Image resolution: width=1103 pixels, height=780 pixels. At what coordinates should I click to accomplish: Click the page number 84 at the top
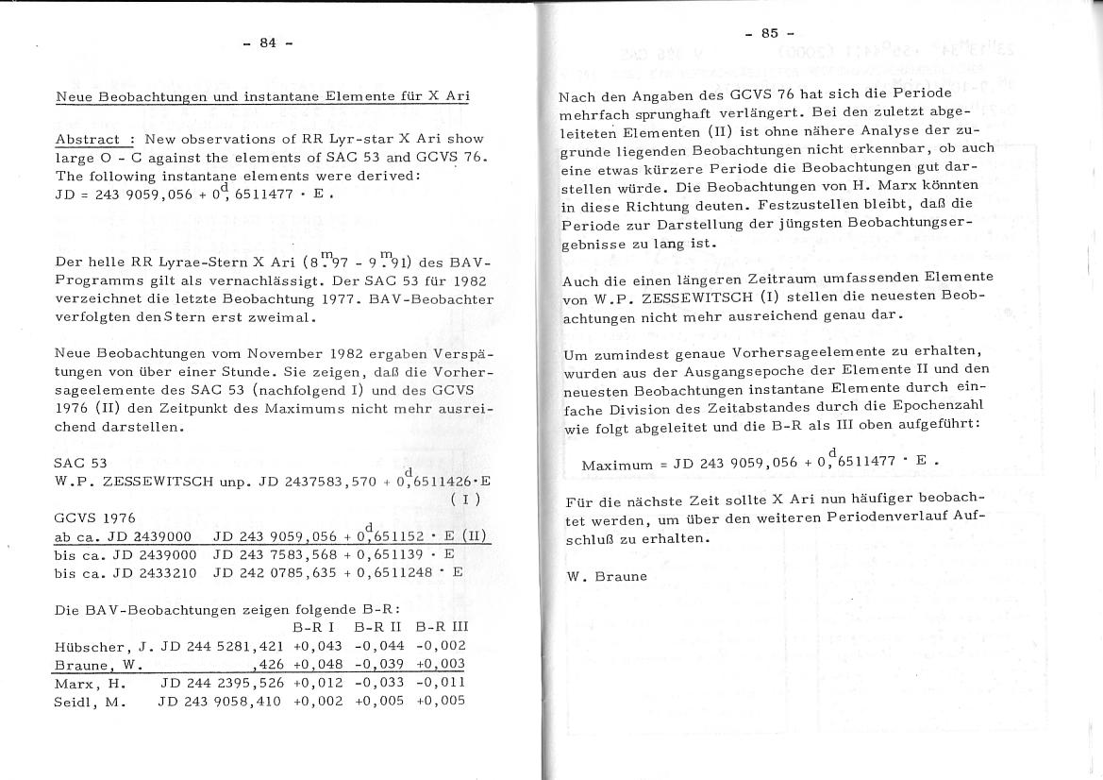(x=267, y=42)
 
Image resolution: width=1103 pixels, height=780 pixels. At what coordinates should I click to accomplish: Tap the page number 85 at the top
(x=769, y=33)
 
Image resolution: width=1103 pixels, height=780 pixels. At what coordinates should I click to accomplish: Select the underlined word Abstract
(x=87, y=139)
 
